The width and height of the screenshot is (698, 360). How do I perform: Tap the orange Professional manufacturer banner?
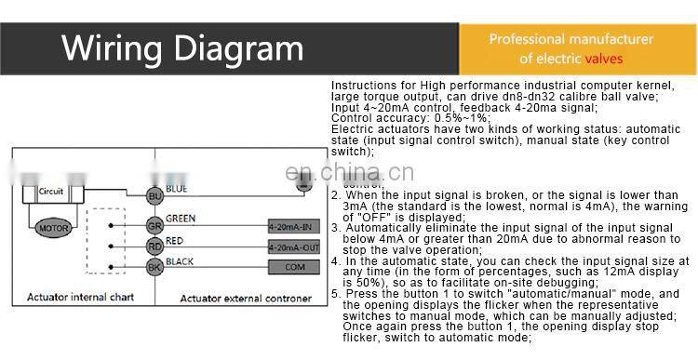coord(571,49)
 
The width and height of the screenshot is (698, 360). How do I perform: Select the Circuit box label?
coord(51,191)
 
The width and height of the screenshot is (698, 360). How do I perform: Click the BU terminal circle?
coord(154,195)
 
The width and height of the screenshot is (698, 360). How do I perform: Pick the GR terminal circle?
coord(154,226)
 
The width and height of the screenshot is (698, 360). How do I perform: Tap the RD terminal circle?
coord(154,247)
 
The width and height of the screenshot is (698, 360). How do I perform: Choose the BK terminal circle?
coord(154,268)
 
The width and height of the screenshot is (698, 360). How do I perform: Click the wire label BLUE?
coord(177,190)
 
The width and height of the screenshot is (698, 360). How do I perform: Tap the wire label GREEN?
coord(181,220)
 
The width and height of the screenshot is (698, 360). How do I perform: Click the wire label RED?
coord(175,240)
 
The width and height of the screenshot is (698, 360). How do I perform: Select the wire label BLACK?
coord(180,261)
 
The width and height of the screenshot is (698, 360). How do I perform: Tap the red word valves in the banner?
coord(604,59)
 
